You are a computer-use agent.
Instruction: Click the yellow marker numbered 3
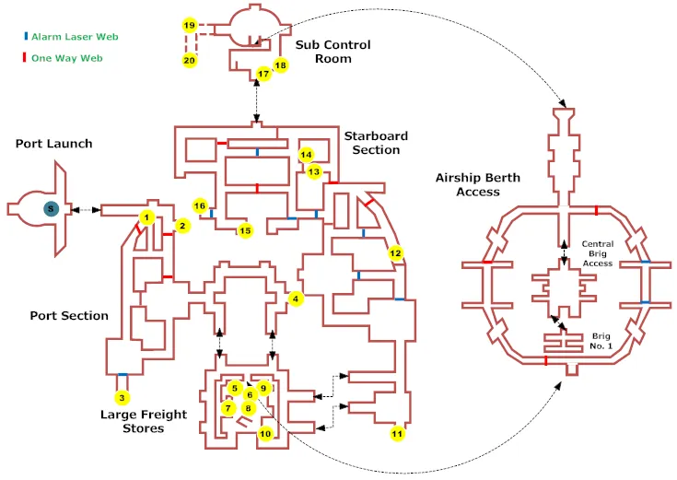(x=122, y=398)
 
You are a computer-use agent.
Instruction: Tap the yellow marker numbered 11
(x=397, y=432)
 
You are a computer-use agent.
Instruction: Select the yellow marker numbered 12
(x=396, y=253)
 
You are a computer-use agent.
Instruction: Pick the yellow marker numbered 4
(x=295, y=299)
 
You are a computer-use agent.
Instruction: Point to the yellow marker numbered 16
(x=200, y=205)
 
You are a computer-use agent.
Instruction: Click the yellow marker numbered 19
(x=190, y=25)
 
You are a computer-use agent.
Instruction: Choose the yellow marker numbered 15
(x=244, y=230)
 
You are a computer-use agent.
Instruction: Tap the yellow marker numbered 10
(x=265, y=433)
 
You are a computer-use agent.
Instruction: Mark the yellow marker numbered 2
(x=182, y=226)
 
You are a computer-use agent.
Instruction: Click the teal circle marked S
(x=50, y=209)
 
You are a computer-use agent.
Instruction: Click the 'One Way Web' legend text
(x=65, y=58)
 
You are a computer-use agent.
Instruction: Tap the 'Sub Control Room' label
(x=333, y=52)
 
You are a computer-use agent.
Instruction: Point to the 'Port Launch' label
(x=53, y=144)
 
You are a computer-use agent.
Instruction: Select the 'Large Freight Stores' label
(x=144, y=421)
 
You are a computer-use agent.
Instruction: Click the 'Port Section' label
(x=69, y=315)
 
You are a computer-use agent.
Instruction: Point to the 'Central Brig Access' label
(x=597, y=253)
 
